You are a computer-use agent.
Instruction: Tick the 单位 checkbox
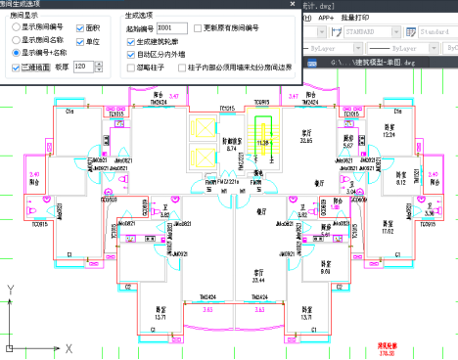[x=79, y=42]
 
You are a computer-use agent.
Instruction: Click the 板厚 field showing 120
[x=79, y=67]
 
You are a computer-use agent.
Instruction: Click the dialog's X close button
[x=275, y=6]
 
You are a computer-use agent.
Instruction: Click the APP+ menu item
[x=326, y=18]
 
